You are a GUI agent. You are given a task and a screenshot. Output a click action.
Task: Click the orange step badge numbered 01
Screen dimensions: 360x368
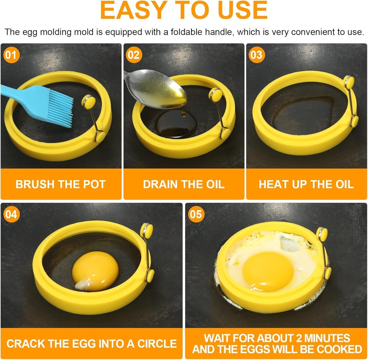click(x=11, y=55)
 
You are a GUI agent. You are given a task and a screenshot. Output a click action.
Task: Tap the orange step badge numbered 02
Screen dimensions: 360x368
click(x=133, y=55)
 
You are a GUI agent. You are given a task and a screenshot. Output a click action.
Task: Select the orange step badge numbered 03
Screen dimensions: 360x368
click(x=256, y=55)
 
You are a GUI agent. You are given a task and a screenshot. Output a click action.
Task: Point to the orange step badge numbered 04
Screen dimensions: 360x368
click(x=11, y=215)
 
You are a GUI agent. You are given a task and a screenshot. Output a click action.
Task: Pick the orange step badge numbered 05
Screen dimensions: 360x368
click(x=196, y=215)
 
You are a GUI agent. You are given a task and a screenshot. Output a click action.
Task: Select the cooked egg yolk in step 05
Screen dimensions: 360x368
click(x=268, y=272)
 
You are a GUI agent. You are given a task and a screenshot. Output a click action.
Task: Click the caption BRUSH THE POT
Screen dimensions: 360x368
click(x=60, y=184)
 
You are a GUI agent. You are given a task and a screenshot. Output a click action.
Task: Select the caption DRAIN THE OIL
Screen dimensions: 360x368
click(x=184, y=184)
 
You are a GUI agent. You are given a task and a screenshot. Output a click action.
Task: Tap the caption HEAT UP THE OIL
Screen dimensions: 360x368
click(x=306, y=184)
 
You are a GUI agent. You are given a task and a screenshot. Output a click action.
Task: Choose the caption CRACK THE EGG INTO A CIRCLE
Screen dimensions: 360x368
click(x=92, y=343)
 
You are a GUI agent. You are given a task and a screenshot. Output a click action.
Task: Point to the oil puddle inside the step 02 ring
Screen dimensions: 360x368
click(x=176, y=124)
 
